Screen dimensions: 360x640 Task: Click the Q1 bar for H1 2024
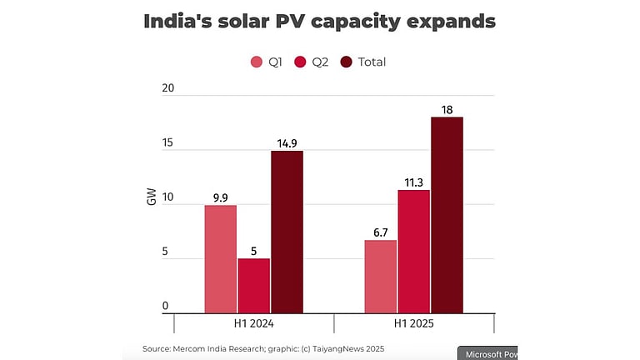(220, 259)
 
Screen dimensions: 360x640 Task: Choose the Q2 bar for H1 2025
(414, 252)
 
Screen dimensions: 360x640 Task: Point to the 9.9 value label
(220, 197)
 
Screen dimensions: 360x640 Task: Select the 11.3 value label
(414, 182)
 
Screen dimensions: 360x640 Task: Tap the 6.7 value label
(381, 232)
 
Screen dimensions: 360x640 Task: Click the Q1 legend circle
(257, 62)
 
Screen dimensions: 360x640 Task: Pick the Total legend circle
(346, 62)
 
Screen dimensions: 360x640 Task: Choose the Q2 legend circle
(301, 62)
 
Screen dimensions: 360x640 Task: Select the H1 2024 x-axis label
(253, 323)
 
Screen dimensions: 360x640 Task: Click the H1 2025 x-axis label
(414, 323)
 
